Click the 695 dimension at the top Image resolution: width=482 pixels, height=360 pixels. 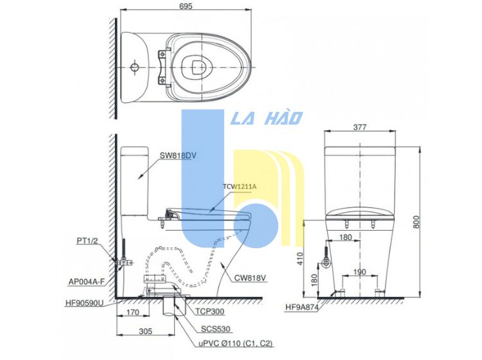point(186,6)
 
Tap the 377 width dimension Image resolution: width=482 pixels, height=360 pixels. point(360,127)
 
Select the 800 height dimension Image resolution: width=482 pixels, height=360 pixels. point(416,222)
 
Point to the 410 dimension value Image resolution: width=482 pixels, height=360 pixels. point(300,258)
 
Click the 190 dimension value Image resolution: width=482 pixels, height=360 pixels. point(359,272)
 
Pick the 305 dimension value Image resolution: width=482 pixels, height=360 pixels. point(146,331)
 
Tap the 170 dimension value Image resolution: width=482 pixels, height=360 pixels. point(133,312)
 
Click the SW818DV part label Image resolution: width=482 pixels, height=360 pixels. point(177,156)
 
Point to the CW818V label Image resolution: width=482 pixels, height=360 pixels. point(250,278)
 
